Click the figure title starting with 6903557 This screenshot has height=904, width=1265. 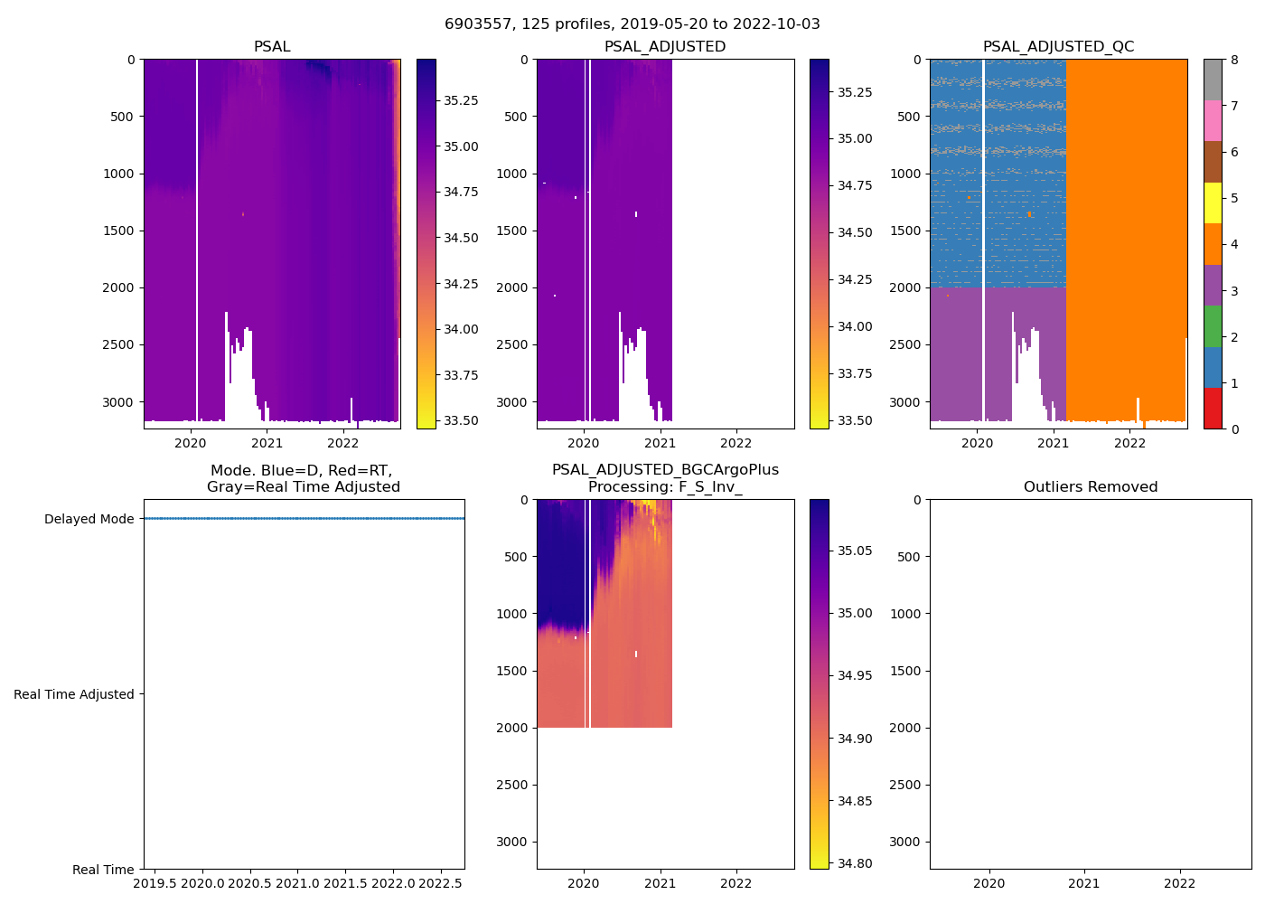(x=632, y=24)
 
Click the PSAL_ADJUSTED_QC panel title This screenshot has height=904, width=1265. (x=1058, y=47)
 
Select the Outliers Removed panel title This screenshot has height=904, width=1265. (x=1091, y=487)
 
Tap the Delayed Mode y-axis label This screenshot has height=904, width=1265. (x=89, y=520)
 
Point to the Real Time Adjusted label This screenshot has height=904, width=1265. (x=74, y=695)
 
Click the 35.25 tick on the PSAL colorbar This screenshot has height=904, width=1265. (x=461, y=100)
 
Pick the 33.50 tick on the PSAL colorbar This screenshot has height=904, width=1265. (x=461, y=421)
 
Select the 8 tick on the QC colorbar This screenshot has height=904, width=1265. (x=1234, y=61)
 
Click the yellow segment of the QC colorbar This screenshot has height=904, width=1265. (x=1213, y=203)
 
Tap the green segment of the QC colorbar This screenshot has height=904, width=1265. (x=1213, y=326)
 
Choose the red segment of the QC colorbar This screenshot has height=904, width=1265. (x=1213, y=409)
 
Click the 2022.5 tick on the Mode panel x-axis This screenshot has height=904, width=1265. (x=441, y=883)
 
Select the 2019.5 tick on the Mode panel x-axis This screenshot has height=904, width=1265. (x=155, y=883)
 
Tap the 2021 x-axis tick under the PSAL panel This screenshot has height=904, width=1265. (x=267, y=443)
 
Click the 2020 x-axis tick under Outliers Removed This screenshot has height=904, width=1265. (x=989, y=883)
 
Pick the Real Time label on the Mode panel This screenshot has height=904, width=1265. (x=103, y=871)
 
